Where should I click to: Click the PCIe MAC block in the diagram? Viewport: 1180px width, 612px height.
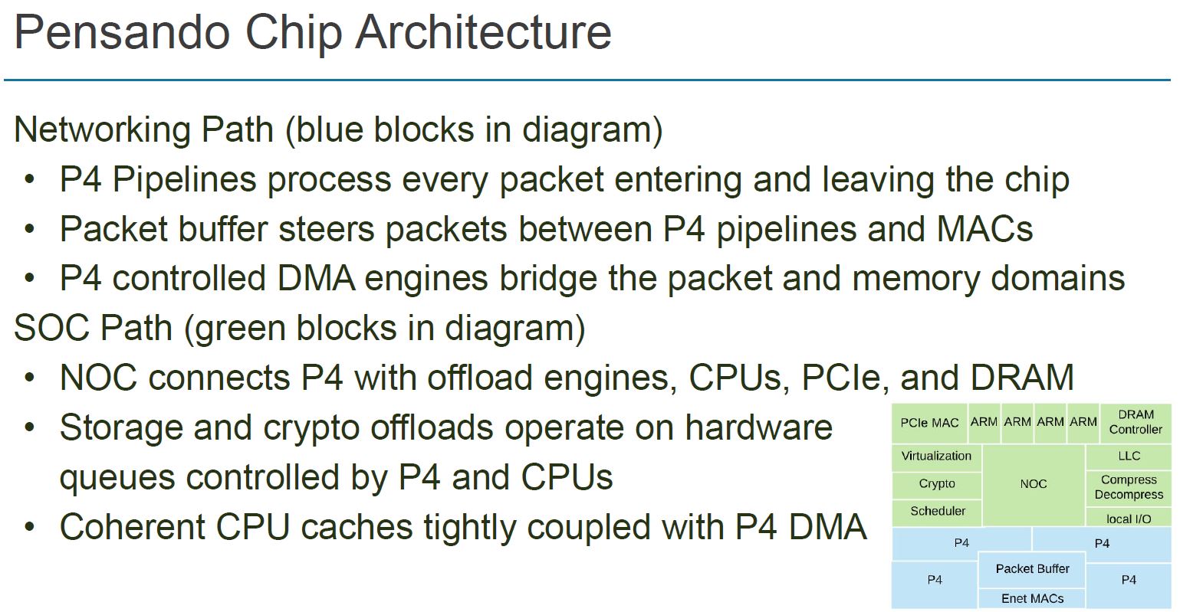tap(929, 423)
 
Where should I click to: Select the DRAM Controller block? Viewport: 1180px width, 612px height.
tap(1136, 422)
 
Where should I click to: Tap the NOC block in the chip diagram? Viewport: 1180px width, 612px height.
tap(1033, 484)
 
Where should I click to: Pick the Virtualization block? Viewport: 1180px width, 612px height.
tap(936, 457)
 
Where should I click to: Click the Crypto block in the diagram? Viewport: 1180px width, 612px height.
tap(937, 484)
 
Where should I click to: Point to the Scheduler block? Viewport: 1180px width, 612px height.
tap(937, 511)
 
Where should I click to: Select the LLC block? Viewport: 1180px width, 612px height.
tap(1129, 457)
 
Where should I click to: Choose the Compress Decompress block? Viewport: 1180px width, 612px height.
tap(1129, 487)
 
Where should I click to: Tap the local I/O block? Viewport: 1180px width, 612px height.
tap(1129, 519)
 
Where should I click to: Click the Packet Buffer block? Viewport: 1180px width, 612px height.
tap(1032, 568)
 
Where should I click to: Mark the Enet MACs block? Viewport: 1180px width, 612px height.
tap(1032, 598)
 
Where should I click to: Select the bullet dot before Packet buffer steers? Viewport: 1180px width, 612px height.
tap(29, 229)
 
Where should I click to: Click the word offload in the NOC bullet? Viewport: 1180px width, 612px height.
tap(478, 378)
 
